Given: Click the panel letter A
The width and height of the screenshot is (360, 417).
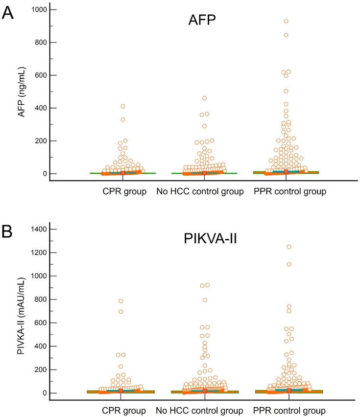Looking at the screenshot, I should (x=8, y=12).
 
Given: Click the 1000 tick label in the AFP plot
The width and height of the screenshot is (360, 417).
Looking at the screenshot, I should (x=35, y=10).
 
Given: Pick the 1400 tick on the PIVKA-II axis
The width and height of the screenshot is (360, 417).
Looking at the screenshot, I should (x=35, y=229).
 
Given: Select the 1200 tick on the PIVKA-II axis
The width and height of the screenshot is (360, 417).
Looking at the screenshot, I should (x=35, y=253).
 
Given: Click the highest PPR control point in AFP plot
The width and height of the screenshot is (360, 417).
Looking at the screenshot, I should (x=286, y=22).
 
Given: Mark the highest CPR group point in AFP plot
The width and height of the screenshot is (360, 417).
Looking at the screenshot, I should (x=123, y=106).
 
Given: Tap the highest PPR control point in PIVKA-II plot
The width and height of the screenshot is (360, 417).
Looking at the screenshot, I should (x=289, y=247).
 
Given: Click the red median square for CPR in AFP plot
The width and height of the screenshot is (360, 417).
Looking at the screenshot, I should (x=122, y=173).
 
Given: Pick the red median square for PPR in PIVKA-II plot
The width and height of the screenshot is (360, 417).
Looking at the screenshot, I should (x=289, y=390).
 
